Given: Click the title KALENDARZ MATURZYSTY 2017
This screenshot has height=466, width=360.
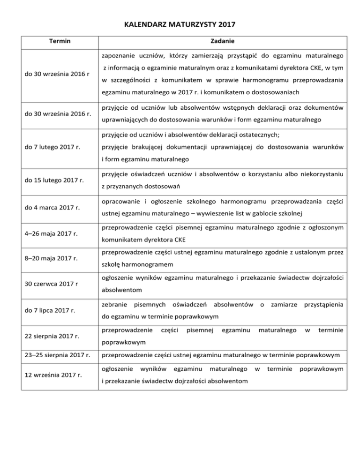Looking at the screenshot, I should coord(180,22).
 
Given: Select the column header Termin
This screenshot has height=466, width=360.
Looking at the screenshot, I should coord(60,41).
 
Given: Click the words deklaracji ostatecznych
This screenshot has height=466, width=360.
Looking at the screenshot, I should coord(237,135).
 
